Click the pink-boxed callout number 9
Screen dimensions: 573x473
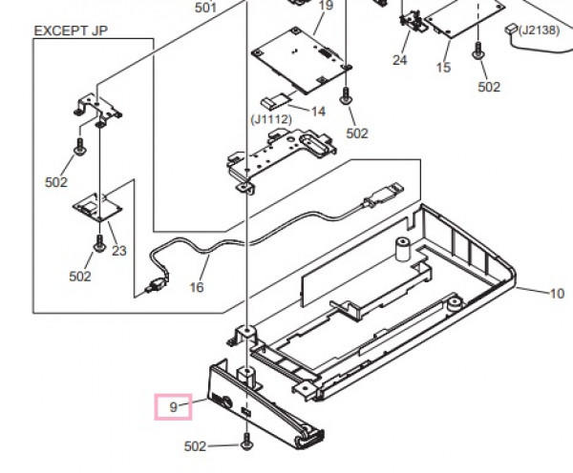pyautogui.click(x=173, y=407)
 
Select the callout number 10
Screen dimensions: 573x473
pyautogui.click(x=557, y=294)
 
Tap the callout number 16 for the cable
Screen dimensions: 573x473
pyautogui.click(x=197, y=287)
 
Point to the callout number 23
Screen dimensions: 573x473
pyautogui.click(x=119, y=251)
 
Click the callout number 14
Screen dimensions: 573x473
pyautogui.click(x=318, y=112)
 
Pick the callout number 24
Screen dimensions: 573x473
pyautogui.click(x=400, y=60)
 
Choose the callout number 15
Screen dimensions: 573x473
pyautogui.click(x=444, y=68)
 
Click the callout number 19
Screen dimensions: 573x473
pyautogui.click(x=326, y=6)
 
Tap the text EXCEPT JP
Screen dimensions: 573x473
pyautogui.click(x=71, y=31)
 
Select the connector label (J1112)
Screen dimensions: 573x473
pyautogui.click(x=271, y=119)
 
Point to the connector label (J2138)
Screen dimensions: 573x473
pyautogui.click(x=539, y=30)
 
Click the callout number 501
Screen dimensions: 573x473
pyautogui.click(x=205, y=8)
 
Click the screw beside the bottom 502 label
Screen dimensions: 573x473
pyautogui.click(x=247, y=442)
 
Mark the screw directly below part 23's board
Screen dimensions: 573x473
pyautogui.click(x=99, y=243)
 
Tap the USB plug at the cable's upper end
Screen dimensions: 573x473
pyautogui.click(x=384, y=195)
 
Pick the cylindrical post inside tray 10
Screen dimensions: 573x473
pyautogui.click(x=403, y=250)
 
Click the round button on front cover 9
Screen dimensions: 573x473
pyautogui.click(x=225, y=402)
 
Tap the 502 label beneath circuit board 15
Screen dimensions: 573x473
pyautogui.click(x=489, y=87)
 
